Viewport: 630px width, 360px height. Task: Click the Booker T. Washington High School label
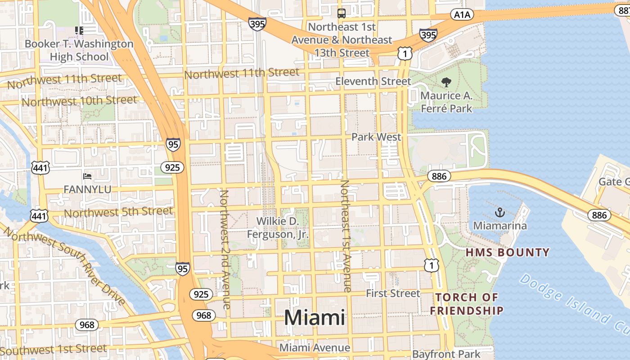pos(79,50)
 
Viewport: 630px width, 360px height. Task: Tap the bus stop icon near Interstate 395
pos(342,13)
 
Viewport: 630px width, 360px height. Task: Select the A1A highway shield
pos(462,15)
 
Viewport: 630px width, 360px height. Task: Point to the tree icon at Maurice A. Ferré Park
pos(446,82)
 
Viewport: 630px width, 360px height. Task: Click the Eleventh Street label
pos(373,81)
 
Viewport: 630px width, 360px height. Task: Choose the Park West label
pos(376,137)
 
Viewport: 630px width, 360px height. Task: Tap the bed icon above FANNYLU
pos(87,176)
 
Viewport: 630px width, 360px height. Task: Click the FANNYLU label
pos(87,189)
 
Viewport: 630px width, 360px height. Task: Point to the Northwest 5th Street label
pos(118,212)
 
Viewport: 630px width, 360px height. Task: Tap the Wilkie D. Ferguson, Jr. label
pos(278,228)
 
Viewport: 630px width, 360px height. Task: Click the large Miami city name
pos(315,318)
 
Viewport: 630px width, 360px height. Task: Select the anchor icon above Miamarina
pos(499,212)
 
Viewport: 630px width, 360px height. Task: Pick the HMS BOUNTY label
pos(508,252)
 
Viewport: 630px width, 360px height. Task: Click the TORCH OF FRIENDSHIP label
pos(467,304)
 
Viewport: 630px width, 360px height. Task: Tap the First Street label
pos(393,293)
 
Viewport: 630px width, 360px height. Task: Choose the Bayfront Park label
pos(446,354)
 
